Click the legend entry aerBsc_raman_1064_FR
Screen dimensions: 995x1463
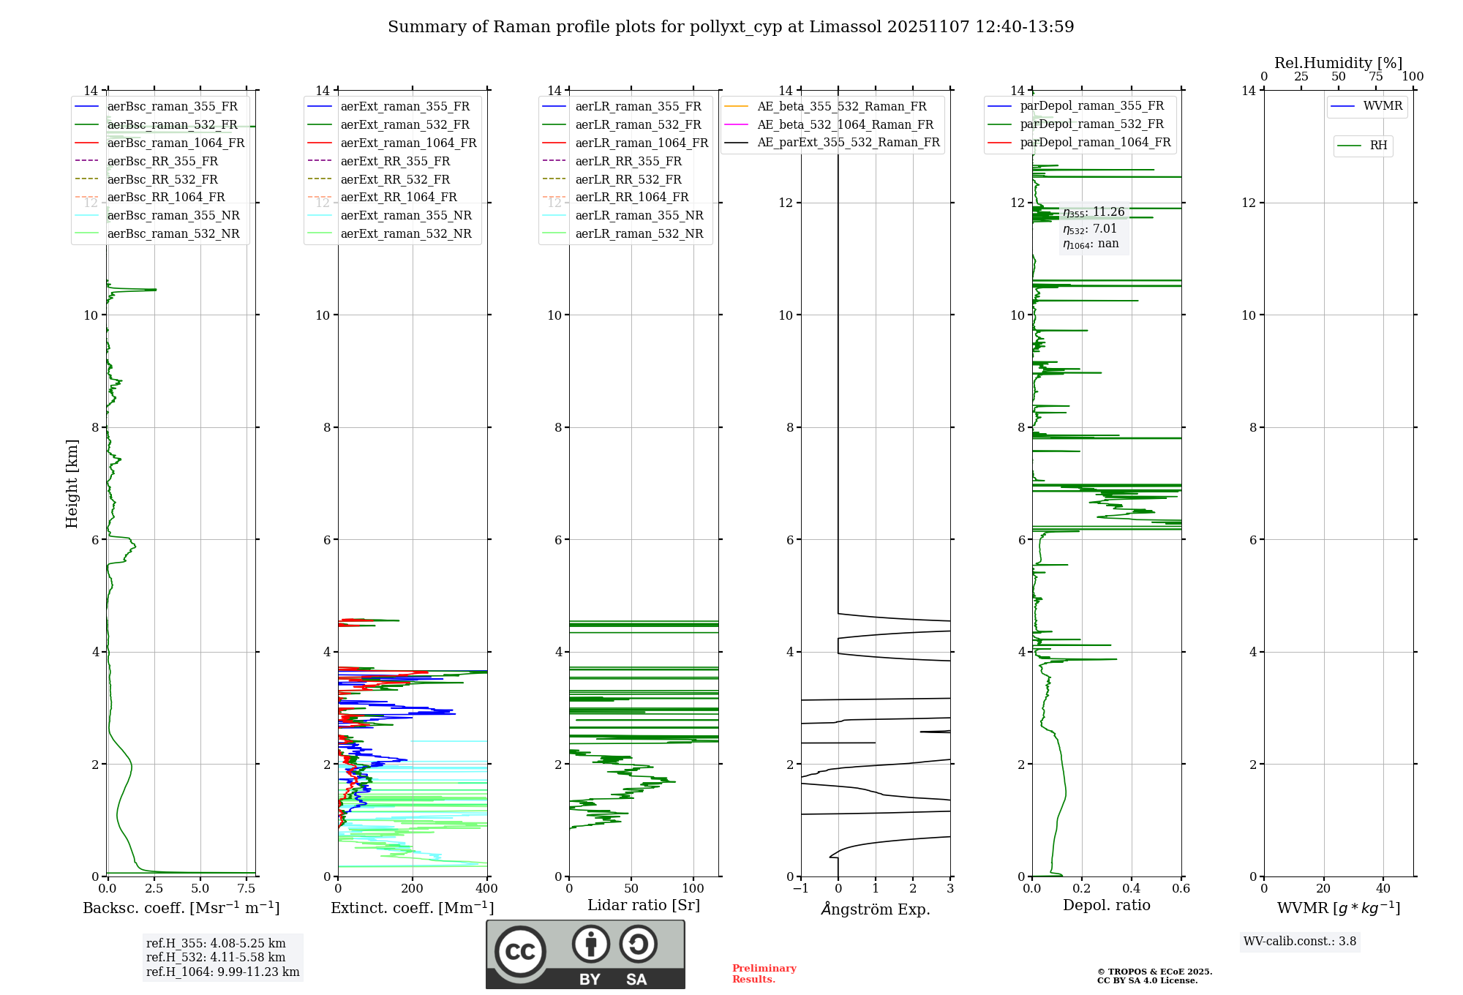coord(176,143)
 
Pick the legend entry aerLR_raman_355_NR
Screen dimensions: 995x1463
coord(639,216)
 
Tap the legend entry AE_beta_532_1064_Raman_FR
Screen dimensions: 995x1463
coord(845,125)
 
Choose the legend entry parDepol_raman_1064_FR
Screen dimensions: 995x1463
coord(1095,143)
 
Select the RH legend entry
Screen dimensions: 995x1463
coord(1378,146)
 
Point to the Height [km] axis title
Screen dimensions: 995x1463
coord(72,484)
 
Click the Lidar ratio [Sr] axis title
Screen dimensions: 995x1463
coord(644,906)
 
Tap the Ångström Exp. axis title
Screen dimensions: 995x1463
coord(876,909)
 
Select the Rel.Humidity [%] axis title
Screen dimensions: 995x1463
coord(1338,63)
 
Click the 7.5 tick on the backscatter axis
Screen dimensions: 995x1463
coord(247,889)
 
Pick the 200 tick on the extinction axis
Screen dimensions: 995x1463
coord(413,889)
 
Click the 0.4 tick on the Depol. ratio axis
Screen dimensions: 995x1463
coord(1132,889)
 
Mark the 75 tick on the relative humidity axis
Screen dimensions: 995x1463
coord(1375,77)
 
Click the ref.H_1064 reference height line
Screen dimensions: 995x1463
coord(222,972)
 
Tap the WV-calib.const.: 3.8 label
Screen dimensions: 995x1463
coord(1300,942)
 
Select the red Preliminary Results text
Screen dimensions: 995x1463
coord(764,974)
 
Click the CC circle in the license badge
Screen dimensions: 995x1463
coord(520,952)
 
